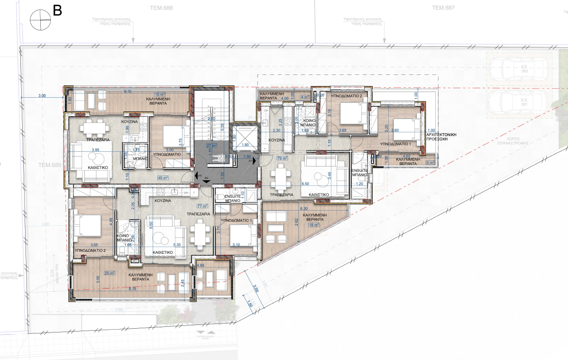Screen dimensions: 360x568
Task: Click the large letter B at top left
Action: pos(57,10)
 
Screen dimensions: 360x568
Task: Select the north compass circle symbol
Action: pos(40,20)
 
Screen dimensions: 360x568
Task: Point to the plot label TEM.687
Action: pos(443,7)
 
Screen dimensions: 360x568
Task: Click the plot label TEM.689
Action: pos(50,165)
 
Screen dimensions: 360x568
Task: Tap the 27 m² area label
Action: pos(211,146)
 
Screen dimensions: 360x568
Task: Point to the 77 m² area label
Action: pos(202,206)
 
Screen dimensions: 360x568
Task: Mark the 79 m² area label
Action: pos(283,158)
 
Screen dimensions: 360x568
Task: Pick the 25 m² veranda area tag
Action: pos(110,273)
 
